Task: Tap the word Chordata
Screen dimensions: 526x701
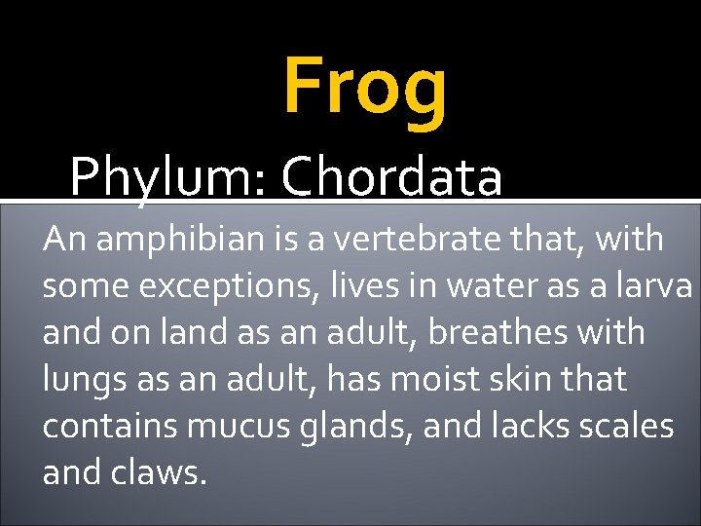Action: [x=391, y=177]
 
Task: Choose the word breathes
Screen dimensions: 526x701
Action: [x=478, y=332]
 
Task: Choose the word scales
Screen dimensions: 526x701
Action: [x=628, y=426]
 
